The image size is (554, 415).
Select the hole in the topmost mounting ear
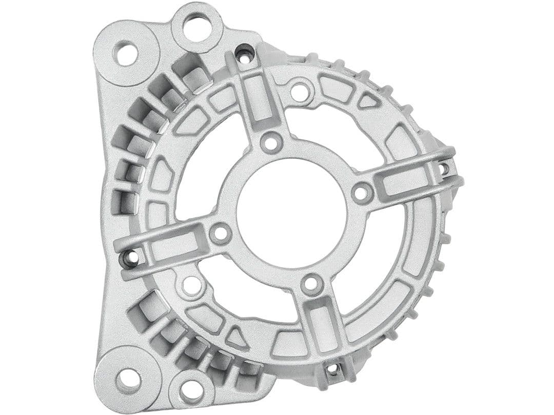pyautogui.click(x=196, y=27)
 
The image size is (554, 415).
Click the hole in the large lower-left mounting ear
pyautogui.click(x=128, y=379)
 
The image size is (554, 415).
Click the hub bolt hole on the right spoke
pyautogui.click(x=362, y=192)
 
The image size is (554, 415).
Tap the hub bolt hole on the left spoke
pyautogui.click(x=221, y=233)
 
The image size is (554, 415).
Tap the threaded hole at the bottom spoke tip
pyautogui.click(x=333, y=368)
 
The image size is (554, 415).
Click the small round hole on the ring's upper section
pyautogui.click(x=299, y=91)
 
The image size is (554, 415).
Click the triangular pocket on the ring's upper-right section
pyautogui.click(x=368, y=101)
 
